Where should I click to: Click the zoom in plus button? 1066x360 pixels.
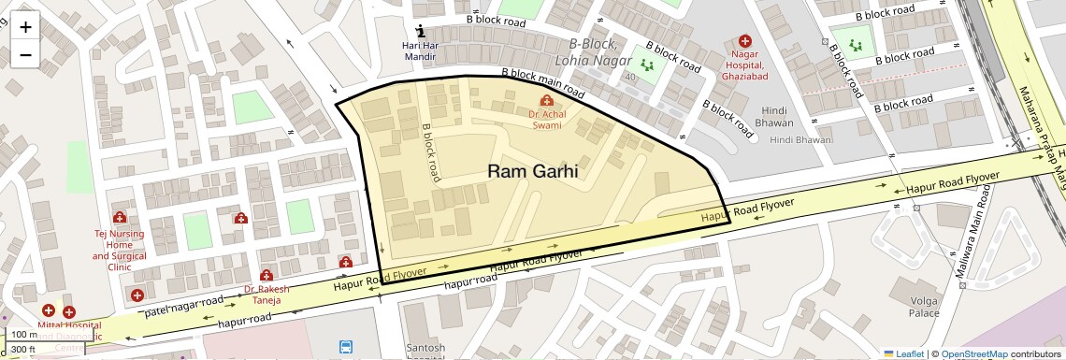coord(25,26)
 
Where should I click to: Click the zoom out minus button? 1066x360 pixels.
coord(25,54)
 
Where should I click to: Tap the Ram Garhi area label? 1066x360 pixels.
coord(532,171)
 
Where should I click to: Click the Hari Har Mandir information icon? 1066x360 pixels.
coord(420,29)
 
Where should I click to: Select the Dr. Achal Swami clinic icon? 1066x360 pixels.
coord(546,100)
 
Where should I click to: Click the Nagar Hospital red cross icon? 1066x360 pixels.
coord(744,41)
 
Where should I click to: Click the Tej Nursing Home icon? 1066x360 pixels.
coord(119,218)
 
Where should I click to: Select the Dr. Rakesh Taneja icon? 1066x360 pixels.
coord(266,276)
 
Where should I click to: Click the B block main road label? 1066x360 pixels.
coord(543,84)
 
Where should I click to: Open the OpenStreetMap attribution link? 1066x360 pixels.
coord(973,353)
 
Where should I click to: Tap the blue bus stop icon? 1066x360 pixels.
coord(346,347)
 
